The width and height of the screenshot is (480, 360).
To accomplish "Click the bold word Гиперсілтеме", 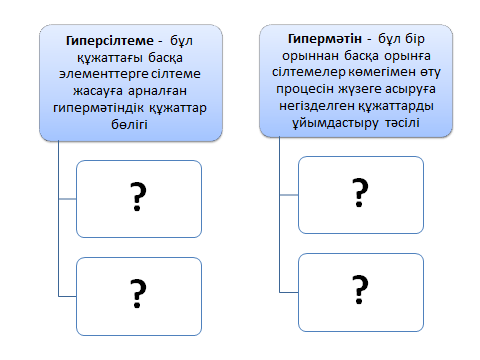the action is pyautogui.click(x=110, y=41).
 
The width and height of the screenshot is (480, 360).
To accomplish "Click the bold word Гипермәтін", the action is pyautogui.click(x=324, y=39).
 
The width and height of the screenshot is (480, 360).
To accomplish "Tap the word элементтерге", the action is pyautogui.click(x=103, y=74).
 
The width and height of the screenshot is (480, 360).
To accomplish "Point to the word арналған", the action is pyautogui.click(x=157, y=91).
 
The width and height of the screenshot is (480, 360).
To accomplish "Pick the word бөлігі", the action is pyautogui.click(x=129, y=124).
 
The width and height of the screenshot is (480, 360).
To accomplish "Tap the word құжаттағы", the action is pyautogui.click(x=110, y=58).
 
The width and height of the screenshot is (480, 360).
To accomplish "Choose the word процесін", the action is pyautogui.click(x=305, y=89).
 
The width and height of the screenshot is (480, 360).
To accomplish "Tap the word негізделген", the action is pyautogui.click(x=317, y=106).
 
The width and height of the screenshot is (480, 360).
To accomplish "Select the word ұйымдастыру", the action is pyautogui.click(x=335, y=123).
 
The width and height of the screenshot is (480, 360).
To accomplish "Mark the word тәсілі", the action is pyautogui.click(x=402, y=123).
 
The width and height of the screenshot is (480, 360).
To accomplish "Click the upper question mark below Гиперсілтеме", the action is pyautogui.click(x=138, y=197).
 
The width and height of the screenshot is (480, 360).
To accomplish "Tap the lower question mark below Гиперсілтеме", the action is pyautogui.click(x=138, y=293).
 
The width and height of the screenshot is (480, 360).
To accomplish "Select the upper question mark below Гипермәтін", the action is pyautogui.click(x=360, y=192).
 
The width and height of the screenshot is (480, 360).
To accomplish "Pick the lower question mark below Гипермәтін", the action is pyautogui.click(x=360, y=289).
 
